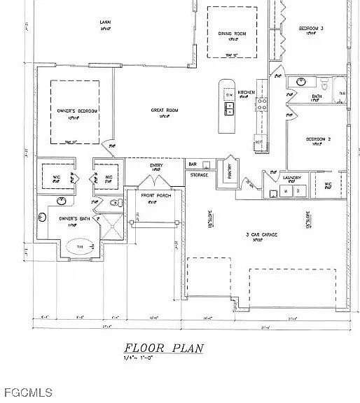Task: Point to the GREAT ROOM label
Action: coord(165,111)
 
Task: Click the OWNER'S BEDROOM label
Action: coord(77,111)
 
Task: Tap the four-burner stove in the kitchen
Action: coord(263,104)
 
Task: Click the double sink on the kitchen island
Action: coord(229,108)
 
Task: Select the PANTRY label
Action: coord(228,168)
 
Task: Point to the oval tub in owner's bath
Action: coord(79,247)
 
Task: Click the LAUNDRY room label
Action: coord(291,178)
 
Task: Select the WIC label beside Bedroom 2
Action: coord(328,185)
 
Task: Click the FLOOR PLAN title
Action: coord(163,348)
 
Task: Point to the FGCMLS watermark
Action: coord(26,393)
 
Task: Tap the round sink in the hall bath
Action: coord(302,82)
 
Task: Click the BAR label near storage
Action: coord(193,164)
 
